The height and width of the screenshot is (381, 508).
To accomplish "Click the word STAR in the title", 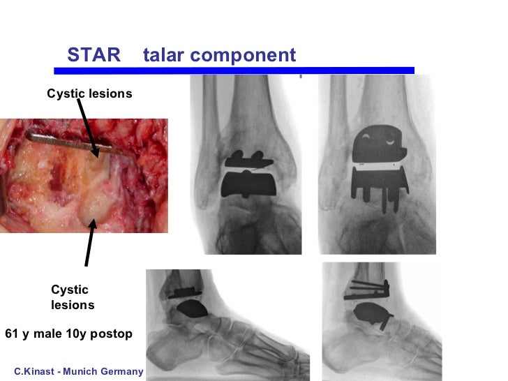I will [x=94, y=55].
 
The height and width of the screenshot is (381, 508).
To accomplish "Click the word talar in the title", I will [x=165, y=55].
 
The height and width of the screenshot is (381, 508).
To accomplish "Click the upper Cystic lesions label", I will [x=89, y=93].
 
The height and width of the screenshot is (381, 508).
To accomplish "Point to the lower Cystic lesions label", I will [x=73, y=297].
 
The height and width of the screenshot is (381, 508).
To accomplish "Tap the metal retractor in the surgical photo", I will [x=63, y=140].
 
